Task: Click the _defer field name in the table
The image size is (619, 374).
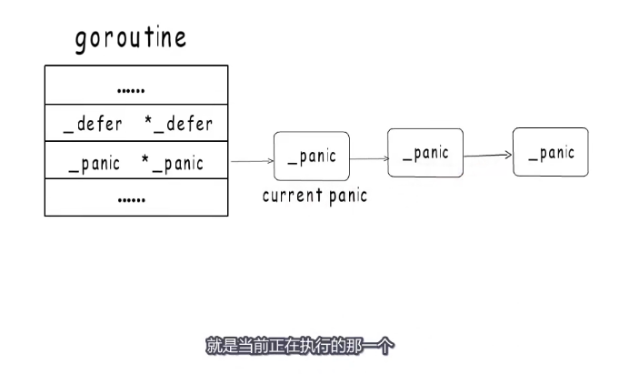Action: pyautogui.click(x=93, y=125)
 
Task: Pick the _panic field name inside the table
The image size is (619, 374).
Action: pyautogui.click(x=95, y=165)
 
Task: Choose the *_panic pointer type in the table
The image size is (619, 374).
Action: pyautogui.click(x=172, y=165)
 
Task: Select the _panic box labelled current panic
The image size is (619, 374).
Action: pyautogui.click(x=311, y=156)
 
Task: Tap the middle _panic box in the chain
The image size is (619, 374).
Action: pyautogui.click(x=425, y=152)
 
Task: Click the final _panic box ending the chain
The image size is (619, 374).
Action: pyautogui.click(x=550, y=152)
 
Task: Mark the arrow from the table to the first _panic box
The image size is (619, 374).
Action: pyautogui.click(x=251, y=162)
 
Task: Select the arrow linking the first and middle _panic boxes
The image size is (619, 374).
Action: pyautogui.click(x=368, y=159)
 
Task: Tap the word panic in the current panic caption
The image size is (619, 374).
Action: pyautogui.click(x=345, y=196)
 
